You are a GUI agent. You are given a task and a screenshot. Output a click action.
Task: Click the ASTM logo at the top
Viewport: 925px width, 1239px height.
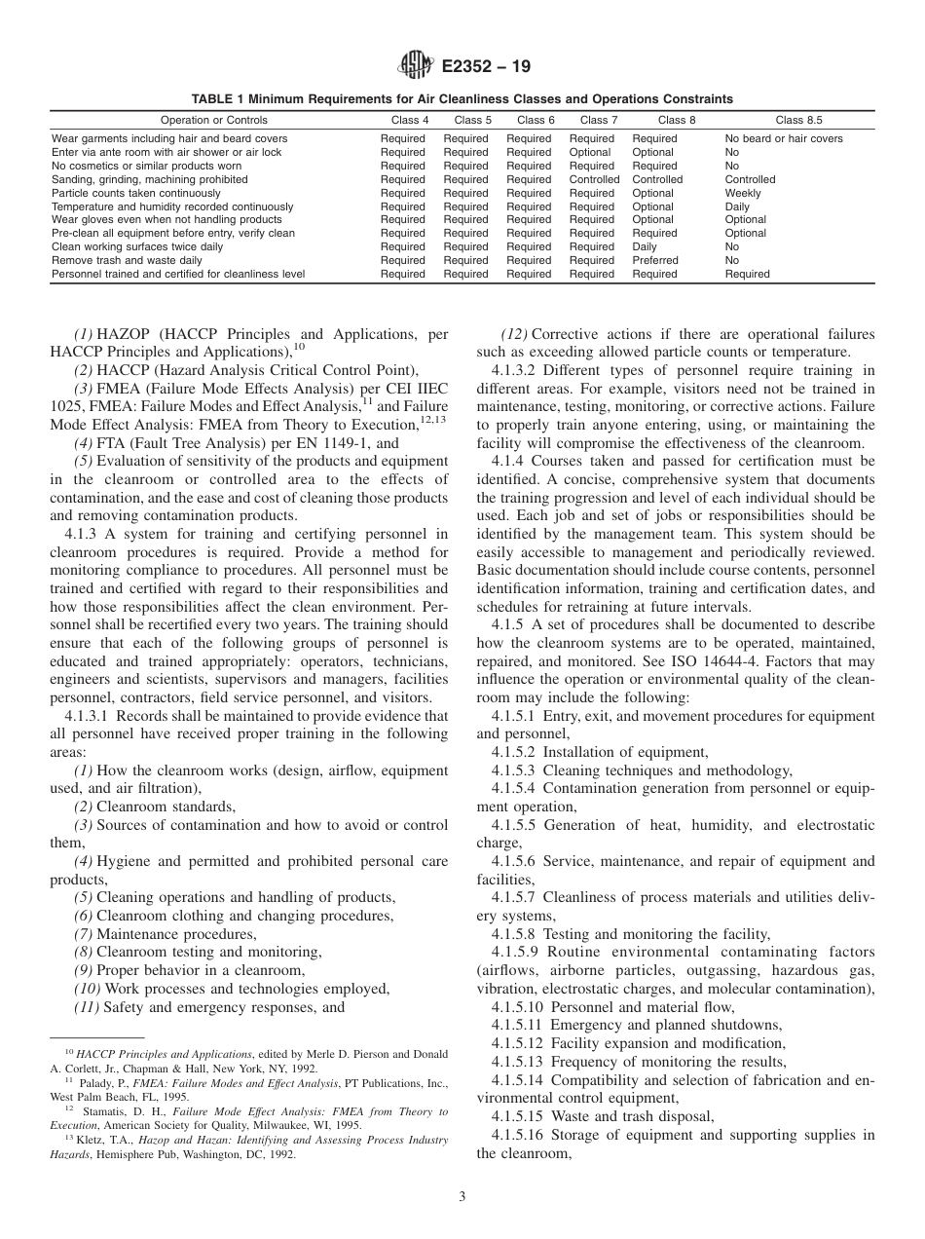point(417,67)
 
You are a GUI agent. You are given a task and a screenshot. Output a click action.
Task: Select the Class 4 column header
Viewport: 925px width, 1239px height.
point(402,121)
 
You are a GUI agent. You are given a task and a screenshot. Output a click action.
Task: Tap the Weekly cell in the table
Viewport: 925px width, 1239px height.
point(744,193)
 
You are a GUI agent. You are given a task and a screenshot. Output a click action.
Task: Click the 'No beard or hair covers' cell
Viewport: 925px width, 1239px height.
point(784,138)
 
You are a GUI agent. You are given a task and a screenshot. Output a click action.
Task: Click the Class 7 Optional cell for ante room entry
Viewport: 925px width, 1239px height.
point(590,152)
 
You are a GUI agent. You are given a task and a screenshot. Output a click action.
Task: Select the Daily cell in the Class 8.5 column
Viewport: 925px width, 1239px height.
point(737,206)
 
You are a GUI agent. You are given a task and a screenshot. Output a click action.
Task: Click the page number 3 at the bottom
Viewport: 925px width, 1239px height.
point(462,1197)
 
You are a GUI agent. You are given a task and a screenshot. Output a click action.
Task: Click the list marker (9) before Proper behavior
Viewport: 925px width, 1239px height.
point(83,970)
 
